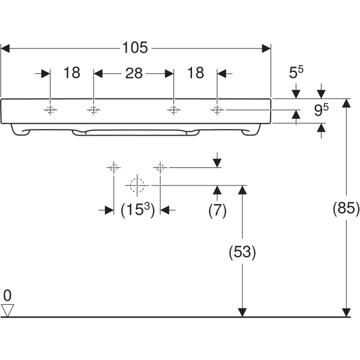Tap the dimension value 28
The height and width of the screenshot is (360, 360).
click(133, 73)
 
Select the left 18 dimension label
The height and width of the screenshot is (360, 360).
click(71, 73)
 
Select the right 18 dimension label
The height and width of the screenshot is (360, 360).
click(196, 73)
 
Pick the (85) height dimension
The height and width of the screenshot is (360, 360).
click(346, 208)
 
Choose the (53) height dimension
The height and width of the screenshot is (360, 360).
click(242, 253)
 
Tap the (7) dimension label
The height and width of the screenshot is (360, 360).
click(217, 210)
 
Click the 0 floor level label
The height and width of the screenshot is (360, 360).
click(7, 295)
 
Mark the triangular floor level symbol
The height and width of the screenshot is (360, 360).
click(7, 310)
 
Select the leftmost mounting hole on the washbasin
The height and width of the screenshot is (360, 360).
click(50, 110)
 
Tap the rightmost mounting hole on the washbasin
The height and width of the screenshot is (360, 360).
click(217, 110)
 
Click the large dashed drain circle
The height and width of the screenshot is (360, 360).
click(137, 185)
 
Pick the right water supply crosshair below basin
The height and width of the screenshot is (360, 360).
click(160, 167)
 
